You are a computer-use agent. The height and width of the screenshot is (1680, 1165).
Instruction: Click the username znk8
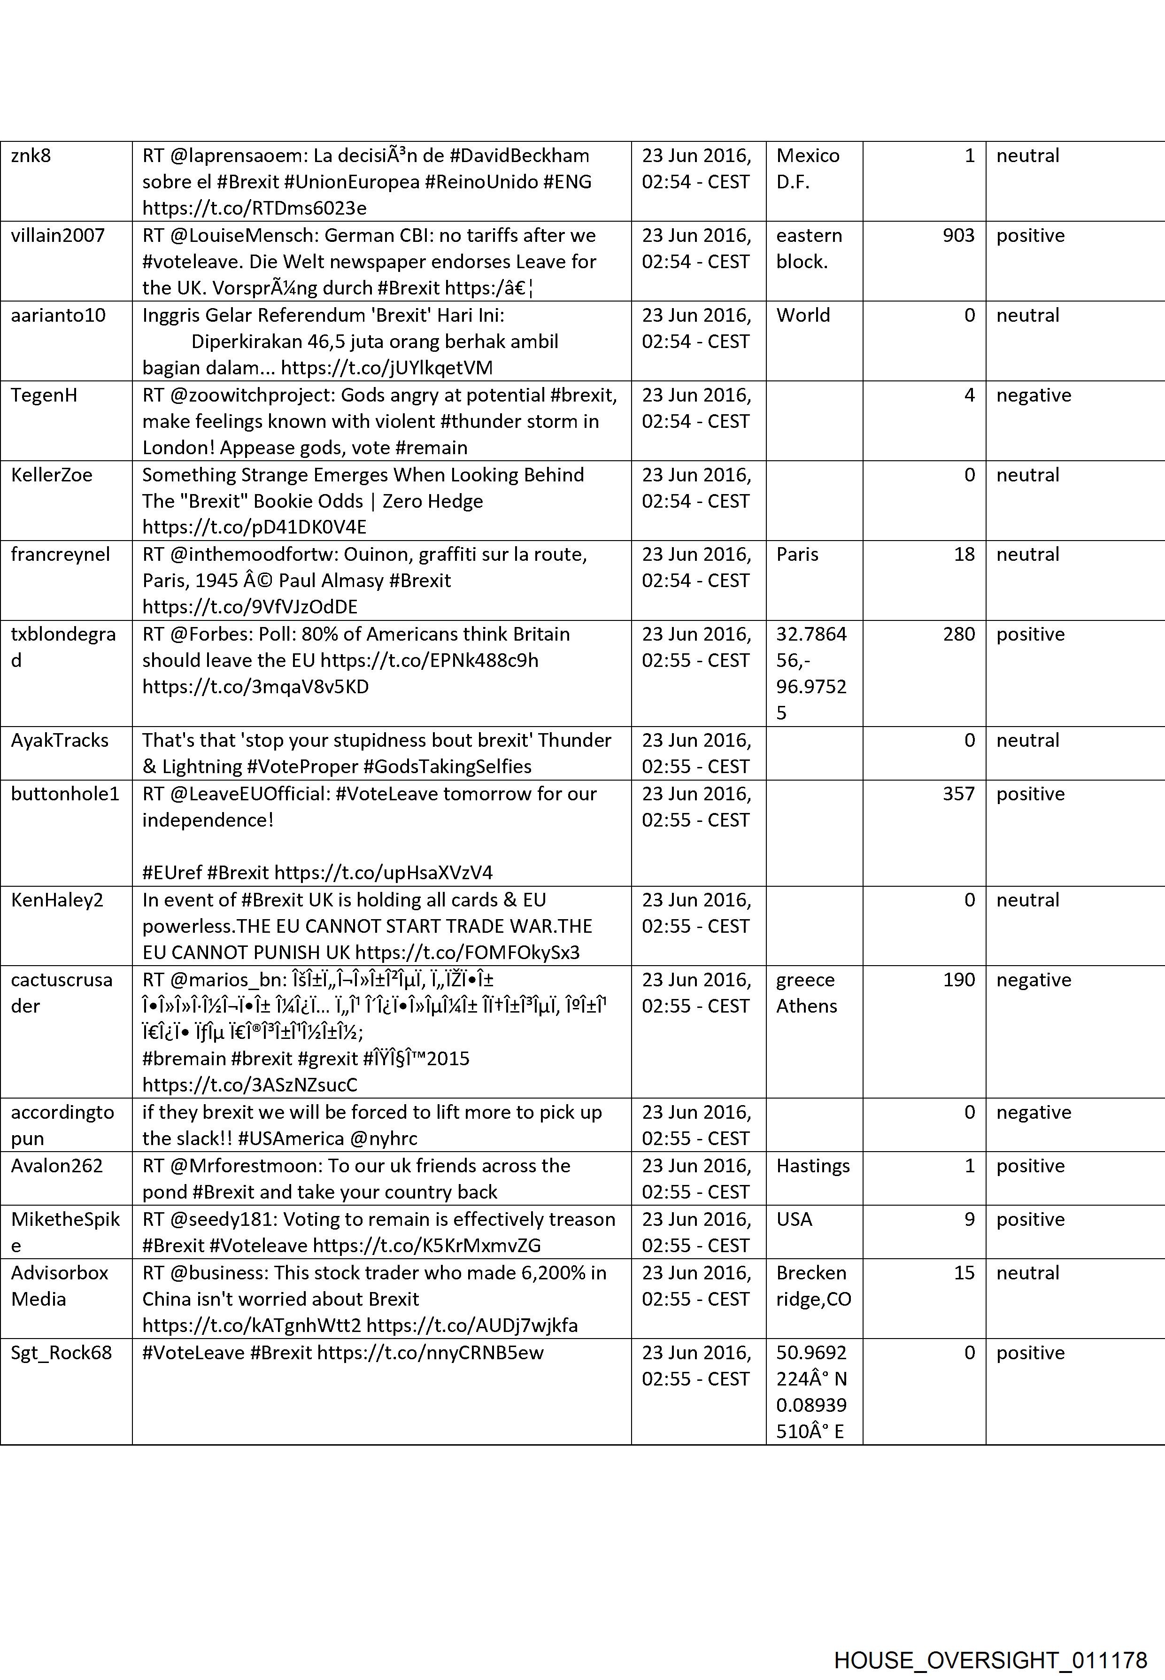tap(31, 155)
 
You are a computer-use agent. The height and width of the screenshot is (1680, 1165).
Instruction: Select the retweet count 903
tap(958, 235)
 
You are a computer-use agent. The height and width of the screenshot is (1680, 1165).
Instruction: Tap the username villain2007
tap(58, 235)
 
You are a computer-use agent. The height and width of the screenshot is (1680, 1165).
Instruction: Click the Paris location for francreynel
tap(797, 554)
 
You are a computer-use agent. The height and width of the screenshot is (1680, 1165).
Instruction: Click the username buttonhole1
tap(65, 794)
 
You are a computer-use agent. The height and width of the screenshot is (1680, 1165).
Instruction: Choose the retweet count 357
tap(958, 794)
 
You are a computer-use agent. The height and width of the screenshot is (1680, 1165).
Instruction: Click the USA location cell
tap(794, 1219)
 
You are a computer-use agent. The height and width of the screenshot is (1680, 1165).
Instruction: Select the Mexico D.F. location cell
tap(807, 168)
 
